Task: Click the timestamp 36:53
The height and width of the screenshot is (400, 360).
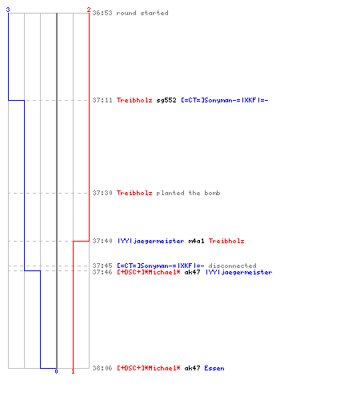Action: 102,13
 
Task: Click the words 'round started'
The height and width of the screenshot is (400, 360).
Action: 142,13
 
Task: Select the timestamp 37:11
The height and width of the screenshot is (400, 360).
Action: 102,100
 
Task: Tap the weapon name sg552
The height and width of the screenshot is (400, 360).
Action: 166,101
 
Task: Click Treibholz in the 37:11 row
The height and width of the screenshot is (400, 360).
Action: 134,100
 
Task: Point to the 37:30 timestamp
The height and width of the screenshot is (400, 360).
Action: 102,193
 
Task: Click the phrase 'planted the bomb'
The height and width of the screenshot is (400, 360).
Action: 188,193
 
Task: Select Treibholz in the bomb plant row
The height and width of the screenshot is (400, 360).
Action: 134,193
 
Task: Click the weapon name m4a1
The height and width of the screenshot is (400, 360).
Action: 196,241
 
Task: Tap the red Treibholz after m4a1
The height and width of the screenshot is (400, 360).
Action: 226,241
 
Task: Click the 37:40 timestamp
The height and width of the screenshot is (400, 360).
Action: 102,241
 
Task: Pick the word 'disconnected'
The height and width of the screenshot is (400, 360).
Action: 232,266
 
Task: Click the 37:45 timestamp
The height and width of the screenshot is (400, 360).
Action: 102,266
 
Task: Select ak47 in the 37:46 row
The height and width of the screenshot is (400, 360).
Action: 192,272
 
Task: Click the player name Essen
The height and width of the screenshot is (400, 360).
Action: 214,368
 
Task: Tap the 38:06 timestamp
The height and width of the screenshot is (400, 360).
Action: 102,368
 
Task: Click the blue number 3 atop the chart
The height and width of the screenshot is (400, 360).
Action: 8,10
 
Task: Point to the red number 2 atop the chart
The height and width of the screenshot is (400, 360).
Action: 89,10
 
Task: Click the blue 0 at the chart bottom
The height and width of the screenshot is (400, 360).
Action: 56,371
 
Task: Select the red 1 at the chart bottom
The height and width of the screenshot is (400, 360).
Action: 73,371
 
